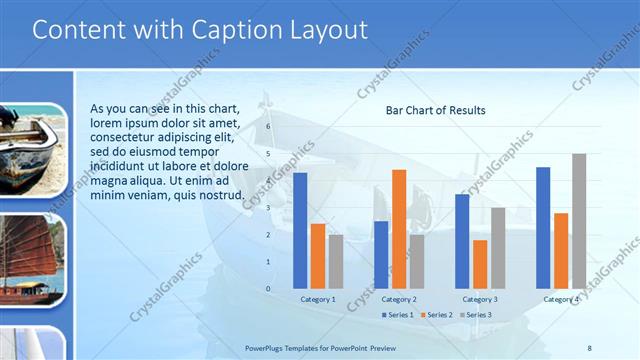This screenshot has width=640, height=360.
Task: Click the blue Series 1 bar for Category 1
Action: pyautogui.click(x=300, y=230)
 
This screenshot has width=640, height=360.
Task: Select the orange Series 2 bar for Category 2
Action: pyautogui.click(x=371, y=228)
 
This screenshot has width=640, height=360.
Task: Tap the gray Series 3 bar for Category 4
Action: pyautogui.click(x=579, y=221)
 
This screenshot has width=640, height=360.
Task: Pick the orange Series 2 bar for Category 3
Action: pyautogui.click(x=480, y=264)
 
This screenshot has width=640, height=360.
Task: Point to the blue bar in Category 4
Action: pyautogui.click(x=543, y=227)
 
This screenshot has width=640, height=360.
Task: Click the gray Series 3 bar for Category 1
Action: pyautogui.click(x=336, y=261)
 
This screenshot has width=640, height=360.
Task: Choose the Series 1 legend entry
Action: pyautogui.click(x=399, y=315)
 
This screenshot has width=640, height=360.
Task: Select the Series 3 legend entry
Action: pyautogui.click(x=475, y=315)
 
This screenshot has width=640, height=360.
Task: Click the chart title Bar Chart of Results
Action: pyautogui.click(x=435, y=110)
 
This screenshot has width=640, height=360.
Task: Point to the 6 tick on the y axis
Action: pyautogui.click(x=268, y=127)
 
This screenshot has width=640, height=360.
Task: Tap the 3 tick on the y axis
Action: pyautogui.click(x=268, y=208)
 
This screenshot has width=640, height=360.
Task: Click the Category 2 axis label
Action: pyautogui.click(x=399, y=299)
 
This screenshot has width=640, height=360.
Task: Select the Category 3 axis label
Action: pyautogui.click(x=480, y=299)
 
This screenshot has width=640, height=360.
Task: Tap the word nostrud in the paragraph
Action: pyautogui.click(x=219, y=194)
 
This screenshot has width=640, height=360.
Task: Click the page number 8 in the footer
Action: pyautogui.click(x=589, y=347)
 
